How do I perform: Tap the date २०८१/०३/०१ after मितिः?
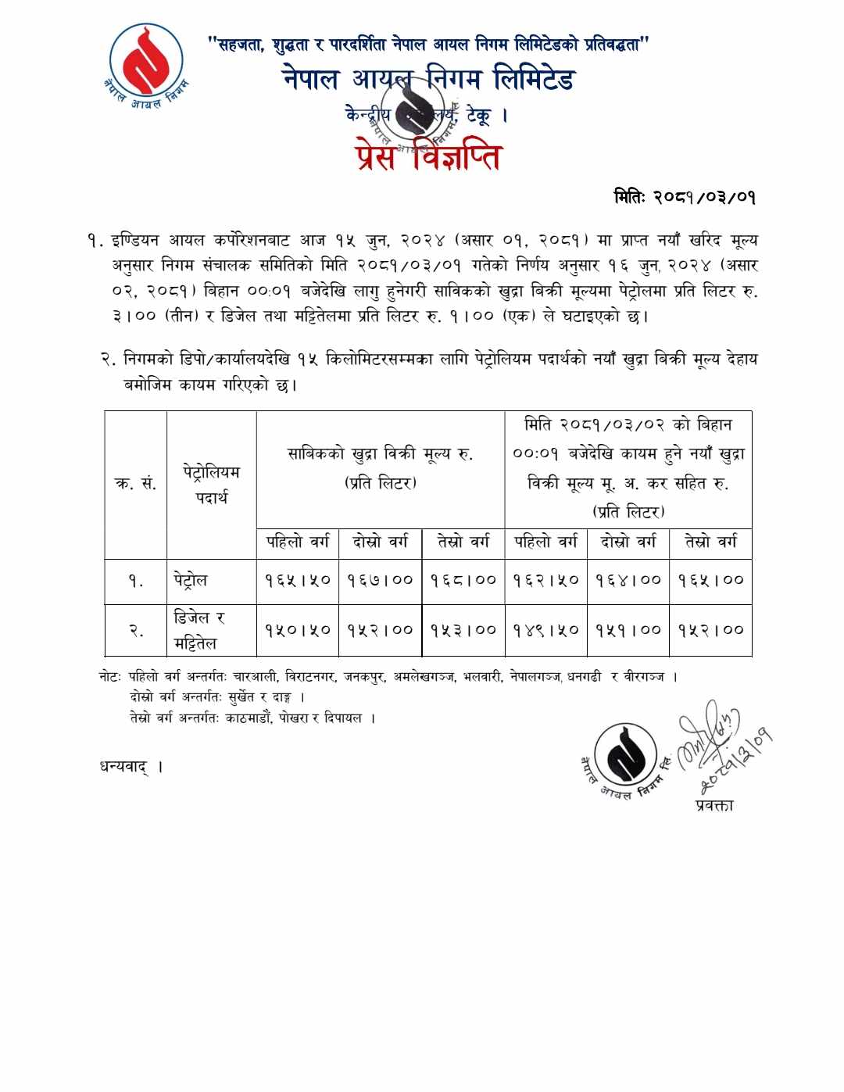(704, 197)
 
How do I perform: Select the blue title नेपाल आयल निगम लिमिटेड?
(428, 80)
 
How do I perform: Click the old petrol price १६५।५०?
(298, 580)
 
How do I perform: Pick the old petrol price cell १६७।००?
(380, 580)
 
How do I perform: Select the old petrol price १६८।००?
(463, 580)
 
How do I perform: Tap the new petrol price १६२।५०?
(545, 580)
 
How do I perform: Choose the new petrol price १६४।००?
(628, 580)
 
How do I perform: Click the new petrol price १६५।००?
(711, 580)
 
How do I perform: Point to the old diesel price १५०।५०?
(298, 629)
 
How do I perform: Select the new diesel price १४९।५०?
(545, 629)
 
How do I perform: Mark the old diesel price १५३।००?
(463, 629)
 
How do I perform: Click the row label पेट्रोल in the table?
(191, 580)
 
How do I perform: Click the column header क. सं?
(136, 484)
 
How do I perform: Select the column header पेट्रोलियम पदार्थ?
(212, 484)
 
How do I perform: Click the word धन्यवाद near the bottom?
(124, 766)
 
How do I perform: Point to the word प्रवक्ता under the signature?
(714, 805)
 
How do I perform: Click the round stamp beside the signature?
(627, 755)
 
